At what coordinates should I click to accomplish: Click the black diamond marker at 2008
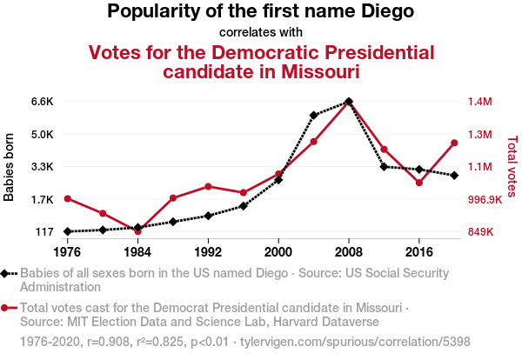tap(349, 102)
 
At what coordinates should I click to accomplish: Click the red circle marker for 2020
tap(454, 143)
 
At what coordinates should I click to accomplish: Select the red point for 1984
tap(137, 231)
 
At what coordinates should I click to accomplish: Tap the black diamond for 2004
tap(313, 115)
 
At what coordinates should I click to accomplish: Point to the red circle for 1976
tap(67, 198)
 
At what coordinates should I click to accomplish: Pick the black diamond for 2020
tap(454, 176)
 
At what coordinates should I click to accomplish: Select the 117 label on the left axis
tap(44, 232)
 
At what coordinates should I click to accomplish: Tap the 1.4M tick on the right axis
tap(479, 102)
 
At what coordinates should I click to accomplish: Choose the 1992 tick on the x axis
tap(208, 251)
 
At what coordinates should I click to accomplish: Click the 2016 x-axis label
tap(419, 251)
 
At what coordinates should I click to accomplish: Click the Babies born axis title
tap(10, 167)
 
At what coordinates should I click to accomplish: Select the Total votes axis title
tap(512, 167)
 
